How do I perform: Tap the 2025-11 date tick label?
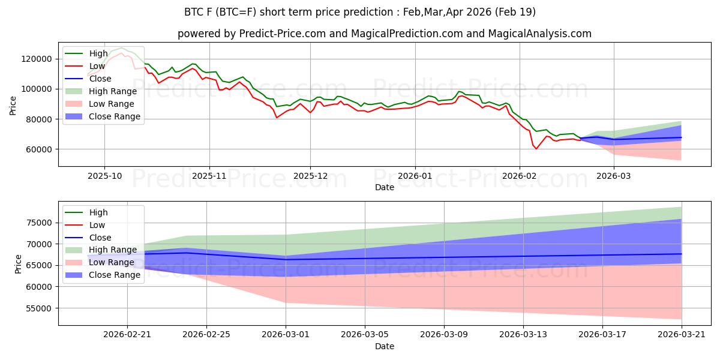tap(209, 176)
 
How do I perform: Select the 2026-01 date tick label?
tap(415, 176)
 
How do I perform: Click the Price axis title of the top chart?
tap(13, 104)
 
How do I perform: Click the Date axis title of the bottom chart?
tap(385, 346)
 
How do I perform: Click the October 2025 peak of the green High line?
tap(121, 48)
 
